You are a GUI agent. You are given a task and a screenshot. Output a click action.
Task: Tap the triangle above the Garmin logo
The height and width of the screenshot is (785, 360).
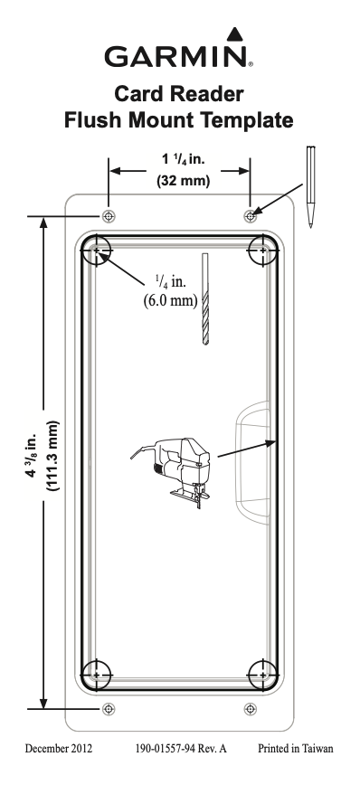pos(234,35)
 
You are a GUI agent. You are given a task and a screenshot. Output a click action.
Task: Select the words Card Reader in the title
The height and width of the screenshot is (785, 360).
pos(179,94)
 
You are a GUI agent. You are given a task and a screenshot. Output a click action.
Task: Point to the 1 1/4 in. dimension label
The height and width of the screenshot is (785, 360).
pos(184,159)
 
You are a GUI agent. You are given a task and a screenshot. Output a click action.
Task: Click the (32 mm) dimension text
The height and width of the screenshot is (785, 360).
pos(184,180)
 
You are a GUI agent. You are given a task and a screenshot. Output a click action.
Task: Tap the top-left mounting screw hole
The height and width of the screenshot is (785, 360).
pos(109,216)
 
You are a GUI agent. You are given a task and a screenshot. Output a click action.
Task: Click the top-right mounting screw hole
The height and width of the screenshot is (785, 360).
pos(250,216)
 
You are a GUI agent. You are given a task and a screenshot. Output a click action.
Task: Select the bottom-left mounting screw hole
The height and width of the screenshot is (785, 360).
pos(109,709)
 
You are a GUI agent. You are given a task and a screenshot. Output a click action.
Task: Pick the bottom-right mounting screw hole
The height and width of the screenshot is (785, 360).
pos(250,709)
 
